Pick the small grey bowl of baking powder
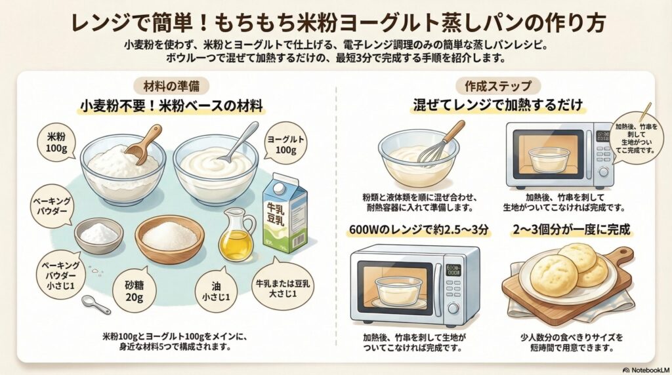(98, 234)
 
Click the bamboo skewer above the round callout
(645, 111)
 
